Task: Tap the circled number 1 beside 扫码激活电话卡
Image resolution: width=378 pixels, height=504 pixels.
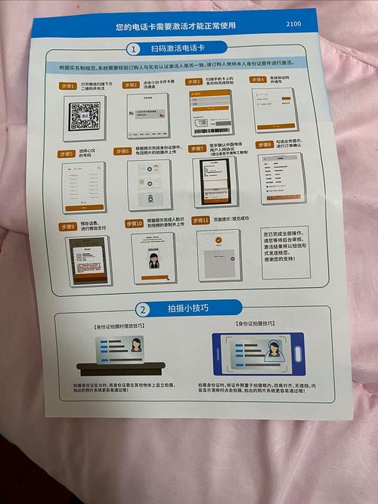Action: [x=134, y=50]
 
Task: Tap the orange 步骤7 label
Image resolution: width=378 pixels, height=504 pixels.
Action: [x=196, y=148]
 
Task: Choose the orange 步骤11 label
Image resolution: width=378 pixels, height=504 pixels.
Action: [x=200, y=219]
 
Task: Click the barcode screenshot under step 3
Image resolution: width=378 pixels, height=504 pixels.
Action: [x=211, y=113]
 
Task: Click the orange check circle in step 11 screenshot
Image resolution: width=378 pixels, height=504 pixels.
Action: [x=218, y=240]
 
